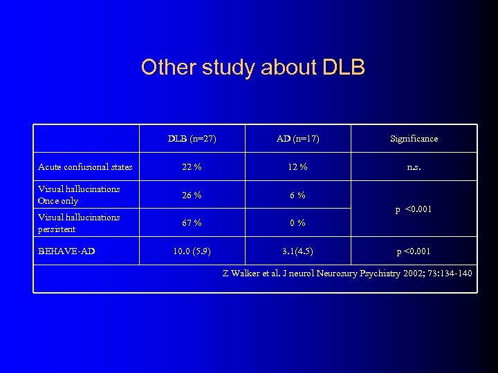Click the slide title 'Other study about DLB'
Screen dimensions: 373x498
click(252, 68)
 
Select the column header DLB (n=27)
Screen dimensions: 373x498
click(192, 139)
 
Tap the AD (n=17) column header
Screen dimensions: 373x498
click(298, 139)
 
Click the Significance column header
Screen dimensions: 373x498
click(414, 139)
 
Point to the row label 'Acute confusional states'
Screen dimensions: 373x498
click(85, 167)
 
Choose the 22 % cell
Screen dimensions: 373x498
click(192, 167)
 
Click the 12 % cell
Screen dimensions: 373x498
click(298, 167)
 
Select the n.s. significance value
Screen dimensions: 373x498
click(414, 167)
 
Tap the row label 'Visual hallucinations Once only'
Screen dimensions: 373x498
click(79, 195)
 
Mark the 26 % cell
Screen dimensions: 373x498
click(192, 195)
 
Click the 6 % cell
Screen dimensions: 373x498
click(298, 195)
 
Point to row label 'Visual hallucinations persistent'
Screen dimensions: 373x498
click(79, 223)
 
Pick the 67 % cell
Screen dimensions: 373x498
click(192, 223)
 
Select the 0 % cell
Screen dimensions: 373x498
click(298, 223)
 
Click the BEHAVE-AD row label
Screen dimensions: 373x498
click(66, 251)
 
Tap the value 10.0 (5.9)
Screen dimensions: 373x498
click(192, 251)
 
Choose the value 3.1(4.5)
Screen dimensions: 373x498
click(298, 251)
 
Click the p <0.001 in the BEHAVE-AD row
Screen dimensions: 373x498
click(414, 251)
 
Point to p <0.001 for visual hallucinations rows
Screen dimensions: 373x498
click(414, 209)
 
